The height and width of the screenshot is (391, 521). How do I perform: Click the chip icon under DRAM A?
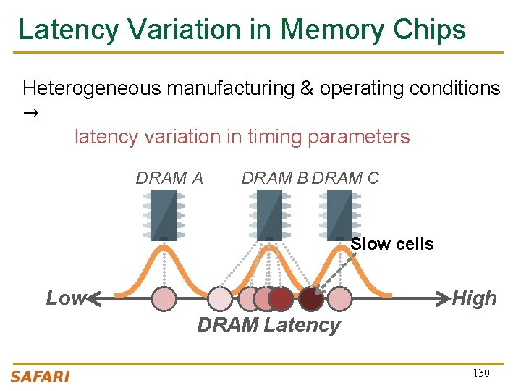pyautogui.click(x=164, y=215)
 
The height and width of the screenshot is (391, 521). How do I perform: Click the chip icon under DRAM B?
pyautogui.click(x=268, y=215)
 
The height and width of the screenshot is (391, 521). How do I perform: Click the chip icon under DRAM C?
pyautogui.click(x=339, y=215)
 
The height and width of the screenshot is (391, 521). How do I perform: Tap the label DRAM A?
pyautogui.click(x=169, y=178)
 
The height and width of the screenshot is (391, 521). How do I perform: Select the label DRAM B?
pyautogui.click(x=274, y=178)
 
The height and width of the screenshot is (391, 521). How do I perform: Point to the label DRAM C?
pyautogui.click(x=346, y=178)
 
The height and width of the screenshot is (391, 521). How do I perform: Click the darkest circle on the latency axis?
pyautogui.click(x=311, y=298)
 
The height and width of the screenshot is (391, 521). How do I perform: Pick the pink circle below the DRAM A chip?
pyautogui.click(x=164, y=298)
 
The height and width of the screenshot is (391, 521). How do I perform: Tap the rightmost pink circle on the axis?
pyautogui.click(x=339, y=298)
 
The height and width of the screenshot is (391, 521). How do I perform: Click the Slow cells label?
pyautogui.click(x=392, y=244)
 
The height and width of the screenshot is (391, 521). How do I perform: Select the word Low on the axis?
pyautogui.click(x=64, y=298)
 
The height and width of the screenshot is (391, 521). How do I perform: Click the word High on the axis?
pyautogui.click(x=474, y=298)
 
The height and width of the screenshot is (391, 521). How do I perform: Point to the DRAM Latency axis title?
pyautogui.click(x=268, y=325)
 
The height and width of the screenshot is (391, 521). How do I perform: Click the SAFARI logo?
pyautogui.click(x=41, y=375)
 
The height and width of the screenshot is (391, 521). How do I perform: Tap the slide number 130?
pyautogui.click(x=480, y=373)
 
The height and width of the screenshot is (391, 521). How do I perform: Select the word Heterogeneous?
pyautogui.click(x=92, y=88)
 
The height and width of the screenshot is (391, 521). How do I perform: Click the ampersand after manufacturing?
pyautogui.click(x=307, y=88)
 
